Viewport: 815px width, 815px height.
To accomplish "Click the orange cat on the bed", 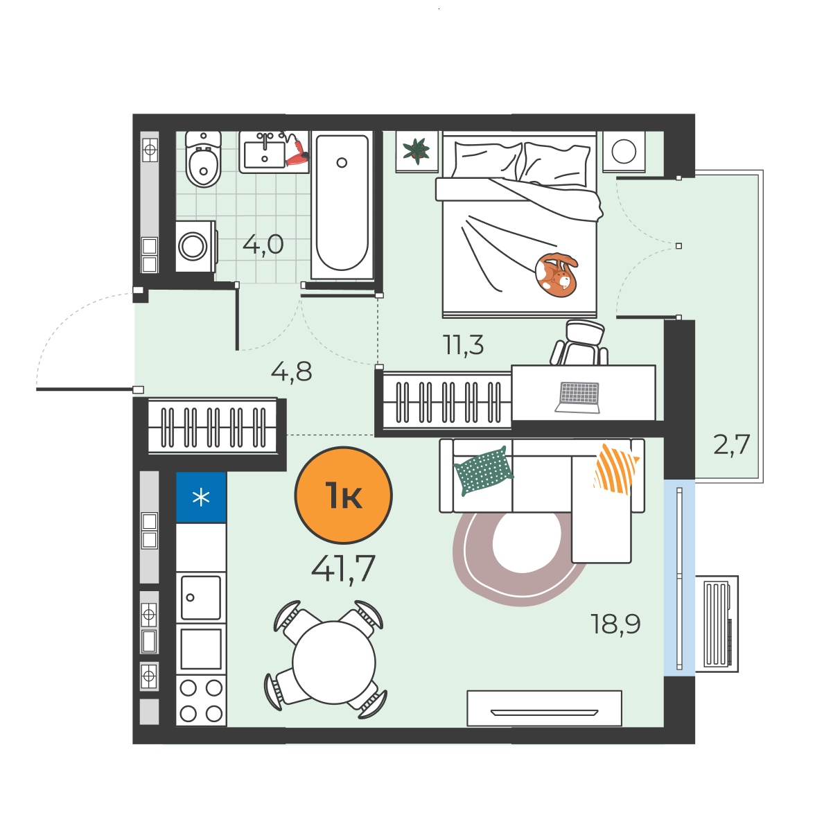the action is coord(556,275).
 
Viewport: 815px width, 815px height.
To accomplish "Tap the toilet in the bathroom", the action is coord(203,159).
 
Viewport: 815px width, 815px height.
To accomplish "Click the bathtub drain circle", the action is coord(342,163).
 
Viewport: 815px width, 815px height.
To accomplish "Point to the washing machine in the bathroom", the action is coord(195,247).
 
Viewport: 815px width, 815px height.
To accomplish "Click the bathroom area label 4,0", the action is coord(263,244).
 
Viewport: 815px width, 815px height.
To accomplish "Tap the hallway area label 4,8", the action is coord(291,371).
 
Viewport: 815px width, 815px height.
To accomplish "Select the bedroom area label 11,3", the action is coord(463,344).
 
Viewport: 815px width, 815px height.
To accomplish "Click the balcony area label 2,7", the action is coord(731,445).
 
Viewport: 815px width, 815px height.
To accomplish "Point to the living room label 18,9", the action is coord(615,624).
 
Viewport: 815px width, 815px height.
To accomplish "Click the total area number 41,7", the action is coord(343,568).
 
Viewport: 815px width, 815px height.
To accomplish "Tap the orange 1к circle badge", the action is coord(343,496).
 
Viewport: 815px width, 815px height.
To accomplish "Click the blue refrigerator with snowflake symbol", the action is coord(201,497).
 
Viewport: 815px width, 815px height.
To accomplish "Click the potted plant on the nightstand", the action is coord(417,151).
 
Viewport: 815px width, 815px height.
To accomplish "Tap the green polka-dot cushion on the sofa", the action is coord(484,471).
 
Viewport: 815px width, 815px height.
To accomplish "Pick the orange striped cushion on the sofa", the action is coord(617,468).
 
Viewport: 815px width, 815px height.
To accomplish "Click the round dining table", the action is coord(334,663).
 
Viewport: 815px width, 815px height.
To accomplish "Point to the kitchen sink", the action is coord(201,597).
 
